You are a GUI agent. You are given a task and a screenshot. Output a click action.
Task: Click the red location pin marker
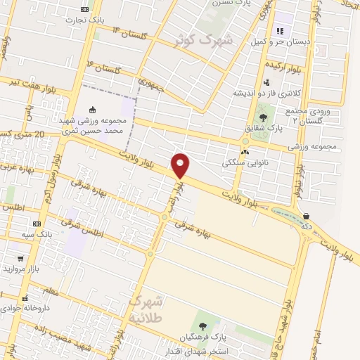(181, 165)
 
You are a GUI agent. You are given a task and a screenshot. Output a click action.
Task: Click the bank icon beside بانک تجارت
(85, 9)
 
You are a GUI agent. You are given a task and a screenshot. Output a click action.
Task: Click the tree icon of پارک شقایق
(264, 117)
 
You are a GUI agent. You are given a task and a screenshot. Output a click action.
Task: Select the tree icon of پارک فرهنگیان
(203, 326)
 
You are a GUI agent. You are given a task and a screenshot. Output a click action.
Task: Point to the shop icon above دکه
(305, 215)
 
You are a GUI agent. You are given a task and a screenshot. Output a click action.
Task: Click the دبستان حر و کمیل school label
(280, 42)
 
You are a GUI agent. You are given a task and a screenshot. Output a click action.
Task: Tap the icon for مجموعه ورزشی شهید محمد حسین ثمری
(92, 109)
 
